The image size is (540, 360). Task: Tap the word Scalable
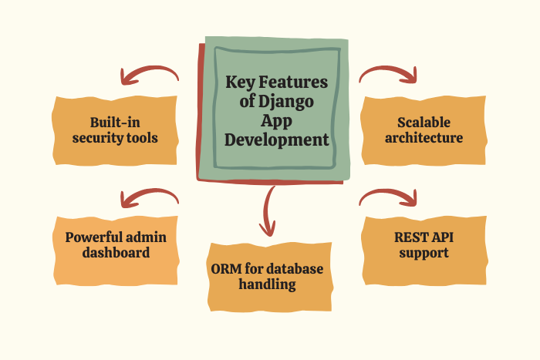pos(423,123)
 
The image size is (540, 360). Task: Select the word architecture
pos(424,139)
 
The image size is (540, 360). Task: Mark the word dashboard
pos(114,253)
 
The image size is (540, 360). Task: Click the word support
pos(424,253)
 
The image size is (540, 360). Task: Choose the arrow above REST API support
pos(388,197)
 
